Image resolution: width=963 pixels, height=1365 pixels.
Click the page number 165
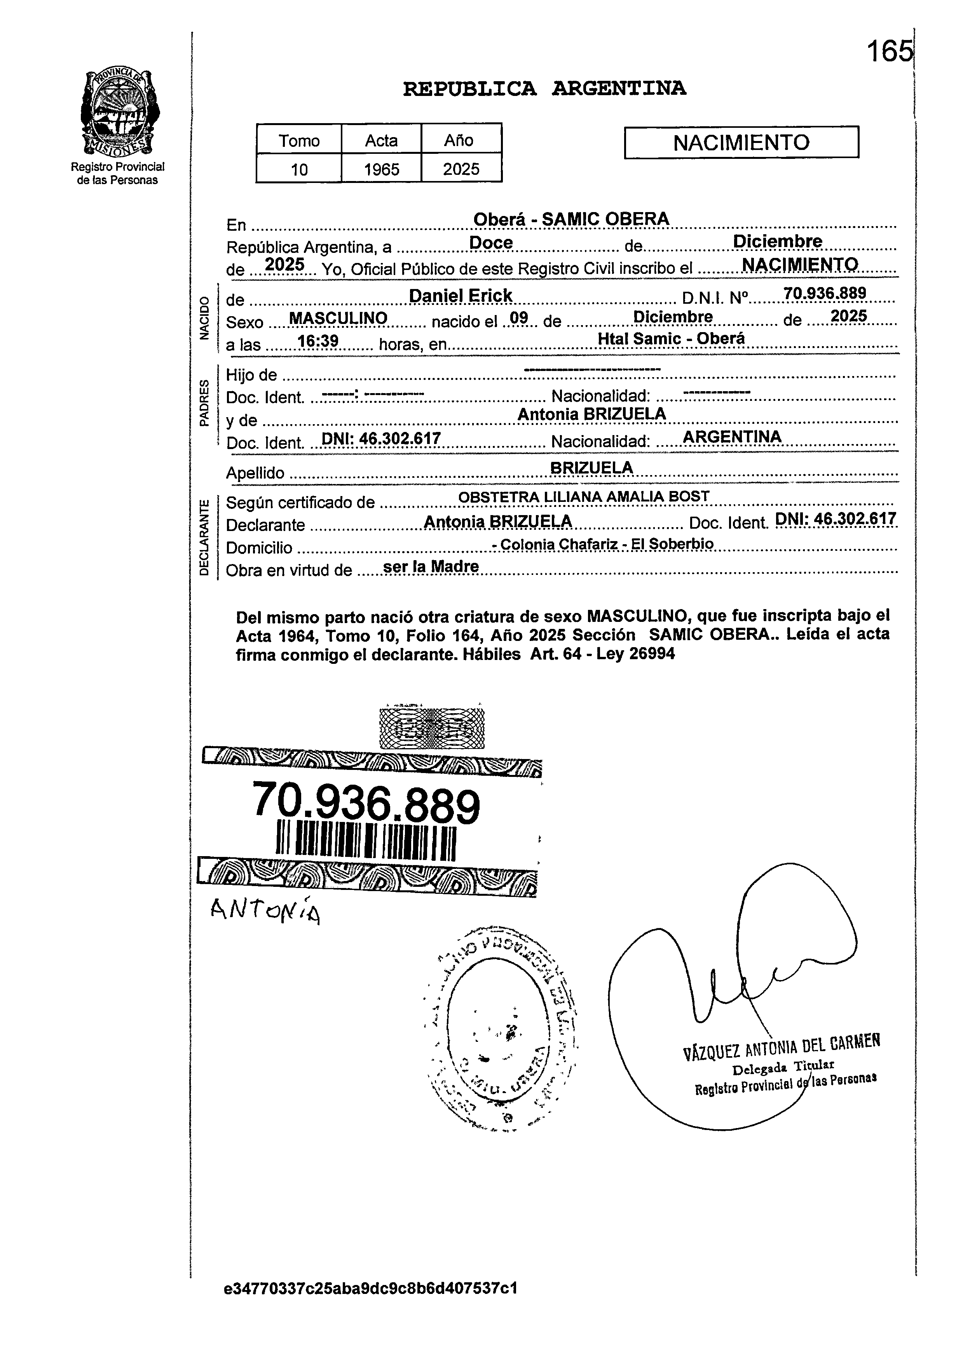[889, 52]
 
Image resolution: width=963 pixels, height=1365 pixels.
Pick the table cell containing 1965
[381, 169]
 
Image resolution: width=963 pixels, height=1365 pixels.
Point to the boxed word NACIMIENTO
[741, 143]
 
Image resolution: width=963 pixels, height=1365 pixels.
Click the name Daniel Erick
[461, 296]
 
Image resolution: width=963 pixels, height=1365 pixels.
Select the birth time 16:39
[318, 341]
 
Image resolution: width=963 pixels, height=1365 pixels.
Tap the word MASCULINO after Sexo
[338, 319]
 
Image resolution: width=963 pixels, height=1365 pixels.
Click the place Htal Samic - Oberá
[671, 338]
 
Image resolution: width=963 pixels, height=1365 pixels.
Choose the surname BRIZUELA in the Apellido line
[591, 468]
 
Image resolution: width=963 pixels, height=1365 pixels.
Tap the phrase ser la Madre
[431, 567]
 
